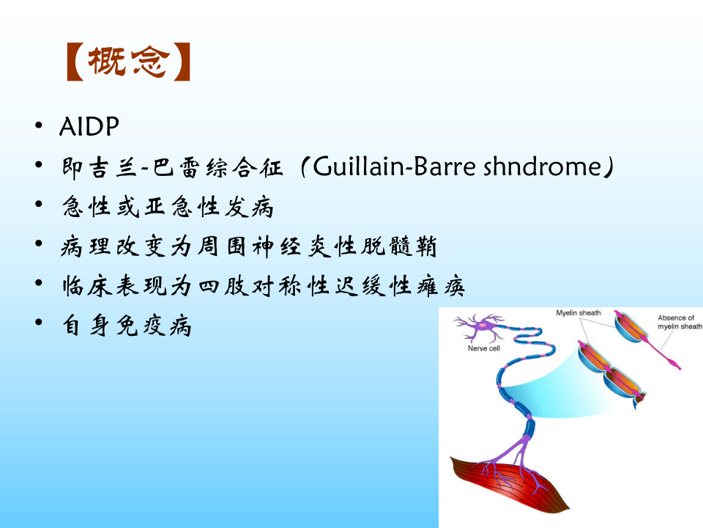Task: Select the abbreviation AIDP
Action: click(x=89, y=127)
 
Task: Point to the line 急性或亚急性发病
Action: click(x=168, y=208)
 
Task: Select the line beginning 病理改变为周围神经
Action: click(x=249, y=247)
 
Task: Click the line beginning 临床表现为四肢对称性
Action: click(x=264, y=287)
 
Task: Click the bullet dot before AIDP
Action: click(x=38, y=128)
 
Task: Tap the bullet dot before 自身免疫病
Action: click(x=38, y=326)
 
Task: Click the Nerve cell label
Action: click(x=484, y=349)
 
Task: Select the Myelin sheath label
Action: click(x=579, y=313)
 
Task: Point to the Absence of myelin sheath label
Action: click(x=679, y=323)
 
